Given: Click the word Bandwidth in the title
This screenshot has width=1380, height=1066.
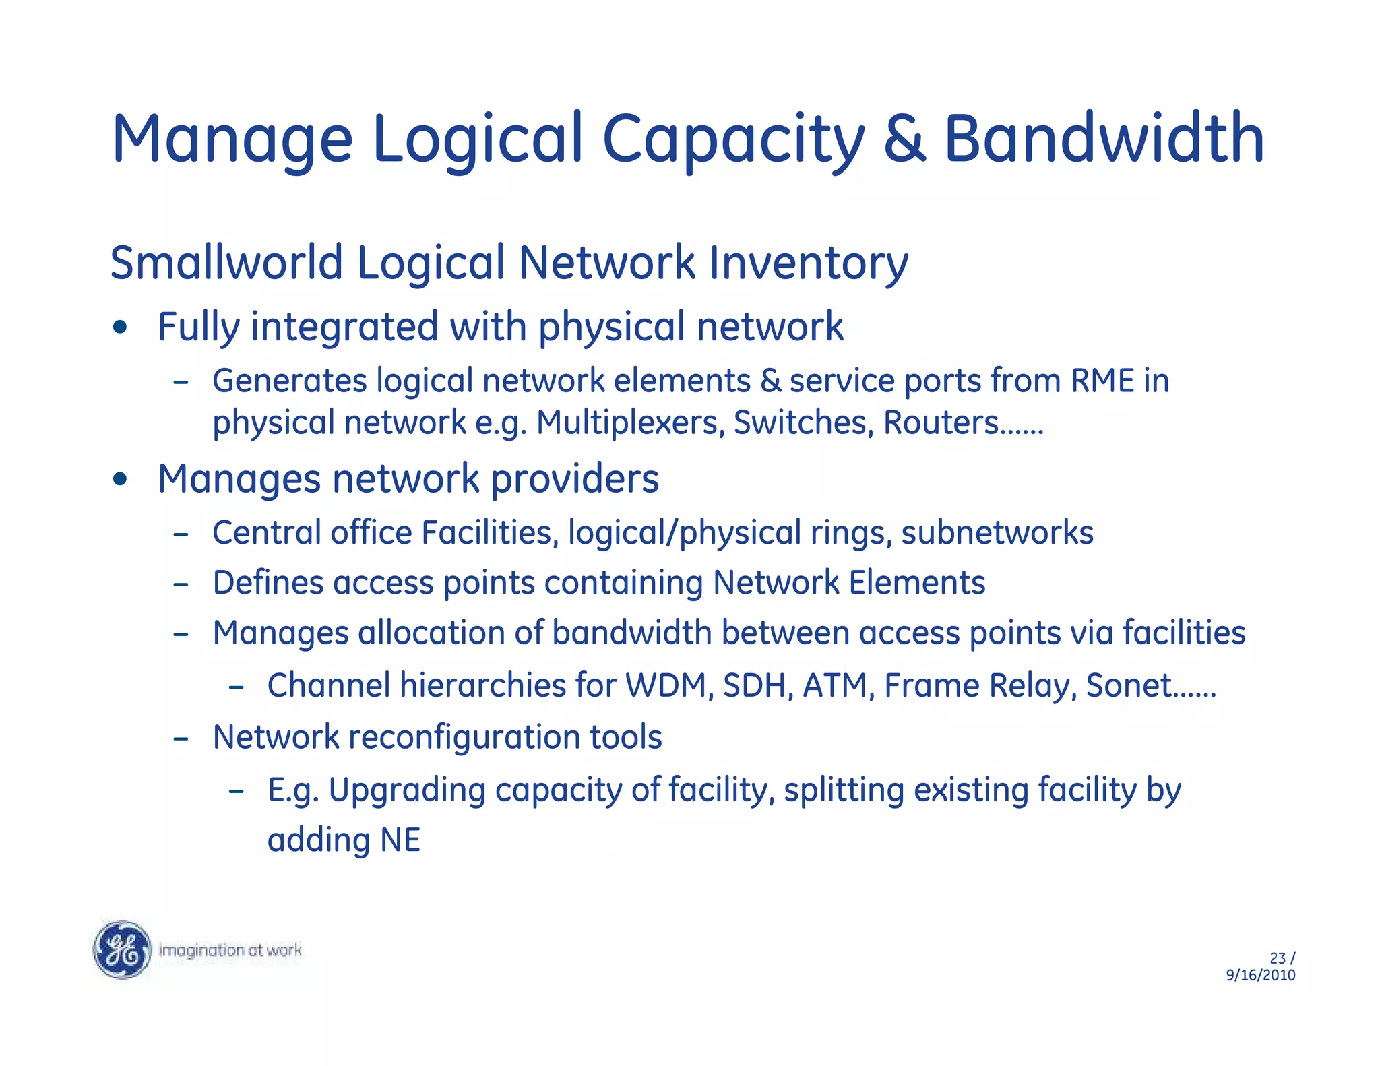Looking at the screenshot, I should [1103, 139].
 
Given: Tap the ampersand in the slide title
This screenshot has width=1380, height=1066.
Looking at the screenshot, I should [904, 140].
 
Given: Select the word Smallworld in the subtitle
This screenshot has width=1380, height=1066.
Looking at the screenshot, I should [226, 263].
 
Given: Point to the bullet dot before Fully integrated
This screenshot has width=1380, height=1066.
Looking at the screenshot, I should [121, 328].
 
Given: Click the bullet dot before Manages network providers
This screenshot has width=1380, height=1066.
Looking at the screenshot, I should [121, 480].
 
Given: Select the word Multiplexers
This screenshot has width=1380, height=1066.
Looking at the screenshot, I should [630, 423].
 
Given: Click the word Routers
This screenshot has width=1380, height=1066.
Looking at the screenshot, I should [941, 423].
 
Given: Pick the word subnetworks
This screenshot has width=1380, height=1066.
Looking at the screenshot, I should [997, 533].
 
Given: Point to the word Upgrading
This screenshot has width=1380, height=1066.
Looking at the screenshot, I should [406, 791].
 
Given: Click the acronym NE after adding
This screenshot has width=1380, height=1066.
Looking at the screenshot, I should [400, 841].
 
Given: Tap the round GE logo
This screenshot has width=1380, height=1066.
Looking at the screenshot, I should [122, 949].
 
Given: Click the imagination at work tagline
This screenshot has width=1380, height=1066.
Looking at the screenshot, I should [230, 950].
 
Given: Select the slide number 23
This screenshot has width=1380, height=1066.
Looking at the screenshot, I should [1277, 958].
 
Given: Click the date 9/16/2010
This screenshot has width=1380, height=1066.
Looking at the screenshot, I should [1260, 976].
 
